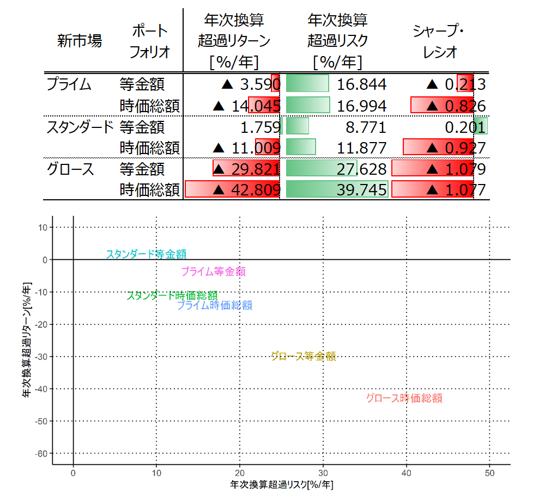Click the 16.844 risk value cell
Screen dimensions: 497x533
pyautogui.click(x=361, y=84)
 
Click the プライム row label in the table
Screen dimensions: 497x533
pyautogui.click(x=69, y=84)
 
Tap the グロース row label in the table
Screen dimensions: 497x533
pyautogui.click(x=70, y=169)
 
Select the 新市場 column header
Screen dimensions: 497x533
pyautogui.click(x=80, y=41)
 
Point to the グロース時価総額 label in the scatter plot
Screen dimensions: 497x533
pyautogui.click(x=404, y=398)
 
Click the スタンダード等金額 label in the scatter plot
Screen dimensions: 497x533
pyautogui.click(x=146, y=254)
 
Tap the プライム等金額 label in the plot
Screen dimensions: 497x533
pyautogui.click(x=213, y=271)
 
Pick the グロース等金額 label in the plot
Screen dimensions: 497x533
pyautogui.click(x=303, y=356)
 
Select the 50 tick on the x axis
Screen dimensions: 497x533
pyautogui.click(x=489, y=473)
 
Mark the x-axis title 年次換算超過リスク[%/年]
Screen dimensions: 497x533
pyautogui.click(x=281, y=484)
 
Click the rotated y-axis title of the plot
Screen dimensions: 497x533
pyautogui.click(x=26, y=340)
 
